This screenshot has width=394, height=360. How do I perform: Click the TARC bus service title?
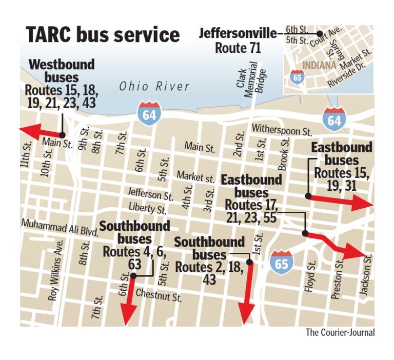103,35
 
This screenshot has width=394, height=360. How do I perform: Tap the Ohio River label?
154,86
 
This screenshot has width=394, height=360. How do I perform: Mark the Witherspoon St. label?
282,130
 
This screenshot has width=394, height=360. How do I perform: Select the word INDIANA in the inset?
319,66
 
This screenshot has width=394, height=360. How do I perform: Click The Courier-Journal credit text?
340,333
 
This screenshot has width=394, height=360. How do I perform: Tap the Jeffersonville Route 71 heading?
238,41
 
